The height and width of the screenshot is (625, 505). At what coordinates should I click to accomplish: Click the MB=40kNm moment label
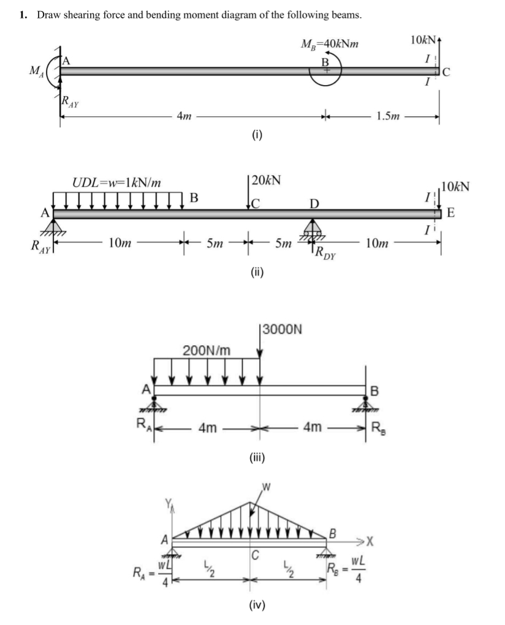pos(330,44)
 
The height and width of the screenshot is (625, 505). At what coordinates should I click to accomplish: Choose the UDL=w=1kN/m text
pos(117,182)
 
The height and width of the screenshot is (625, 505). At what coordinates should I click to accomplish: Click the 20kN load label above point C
pos(266,181)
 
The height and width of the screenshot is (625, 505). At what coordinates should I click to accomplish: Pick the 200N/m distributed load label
pos(207,351)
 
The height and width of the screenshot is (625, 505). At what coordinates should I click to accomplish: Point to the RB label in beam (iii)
pos(378,428)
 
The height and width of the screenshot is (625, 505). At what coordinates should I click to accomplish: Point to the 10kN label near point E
pos(455,186)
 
